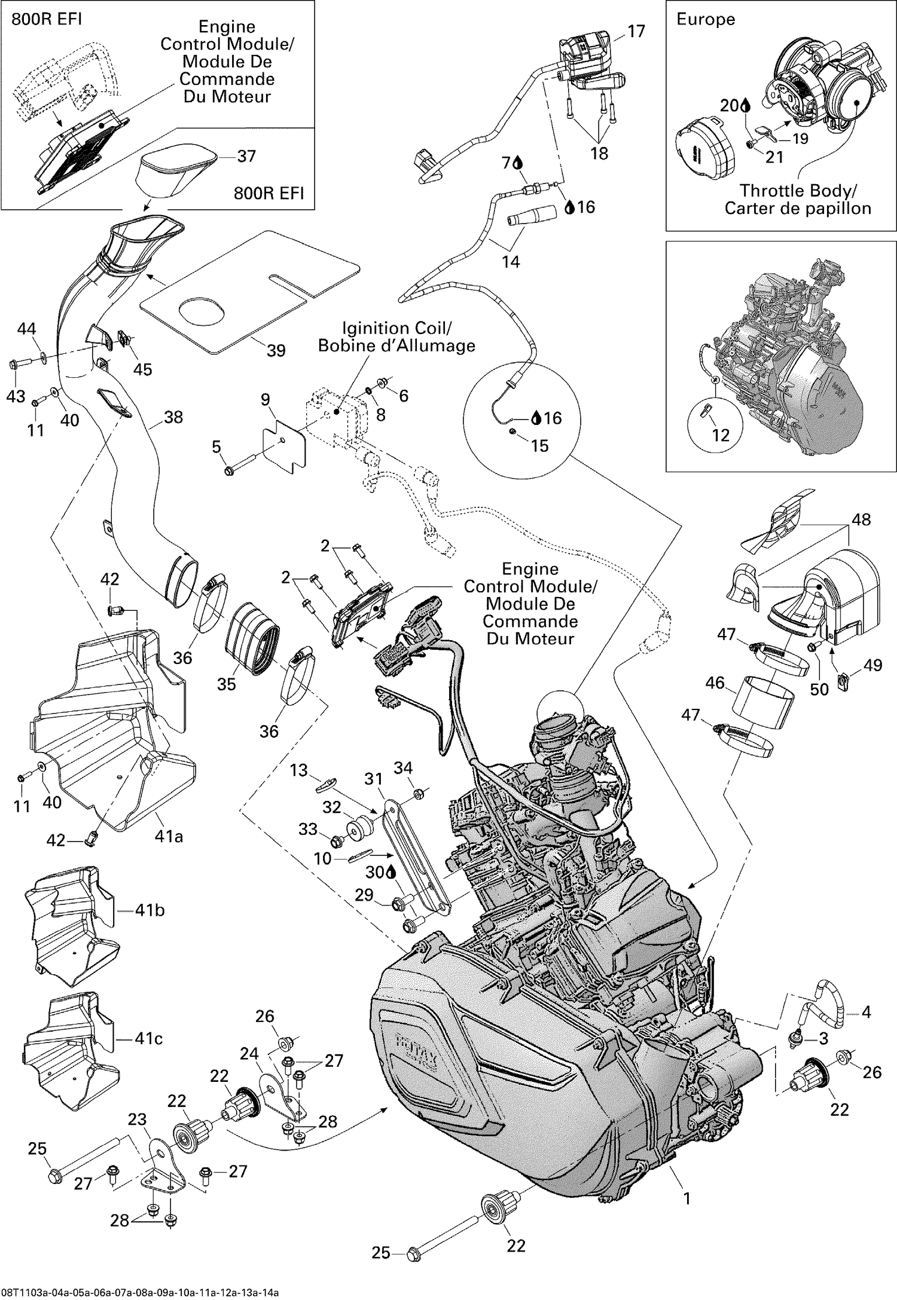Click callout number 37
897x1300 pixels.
click(246, 156)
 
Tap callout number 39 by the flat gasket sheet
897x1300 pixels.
click(276, 350)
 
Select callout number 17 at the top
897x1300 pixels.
click(636, 31)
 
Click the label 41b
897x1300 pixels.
click(149, 910)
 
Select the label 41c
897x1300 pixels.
click(148, 1038)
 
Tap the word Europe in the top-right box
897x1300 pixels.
click(705, 19)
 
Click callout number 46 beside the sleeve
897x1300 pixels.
click(715, 683)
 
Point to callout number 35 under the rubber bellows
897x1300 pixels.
click(226, 684)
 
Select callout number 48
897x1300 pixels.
click(861, 519)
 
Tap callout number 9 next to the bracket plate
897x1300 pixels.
click(266, 399)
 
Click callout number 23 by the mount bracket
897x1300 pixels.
click(137, 1119)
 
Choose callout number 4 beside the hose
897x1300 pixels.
click(866, 1013)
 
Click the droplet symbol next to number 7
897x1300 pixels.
click(518, 162)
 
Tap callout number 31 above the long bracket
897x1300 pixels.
click(373, 779)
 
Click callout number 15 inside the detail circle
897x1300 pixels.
click(539, 446)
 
